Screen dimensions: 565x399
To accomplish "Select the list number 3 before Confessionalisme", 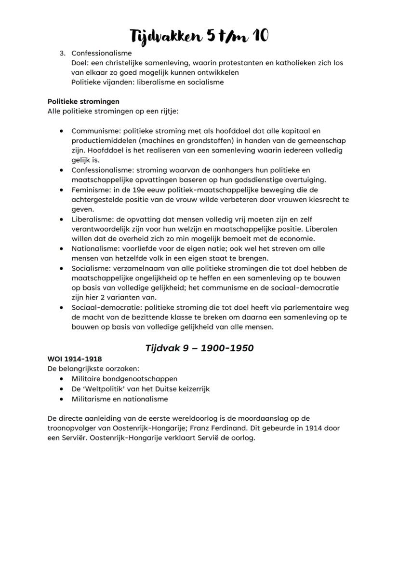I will pyautogui.click(x=62, y=53).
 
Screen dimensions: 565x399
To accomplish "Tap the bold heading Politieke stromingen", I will pyautogui.click(x=83, y=101).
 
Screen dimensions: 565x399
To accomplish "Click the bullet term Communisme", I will pyautogui.click(x=95, y=131).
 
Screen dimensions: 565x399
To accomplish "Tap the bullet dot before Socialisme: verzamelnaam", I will pyautogui.click(x=61, y=268).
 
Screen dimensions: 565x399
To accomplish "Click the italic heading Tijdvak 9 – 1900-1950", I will pyautogui.click(x=199, y=347).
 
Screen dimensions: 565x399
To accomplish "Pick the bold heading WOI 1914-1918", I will pyautogui.click(x=74, y=359).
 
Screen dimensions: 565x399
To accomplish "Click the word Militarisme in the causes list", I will pyautogui.click(x=91, y=399).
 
